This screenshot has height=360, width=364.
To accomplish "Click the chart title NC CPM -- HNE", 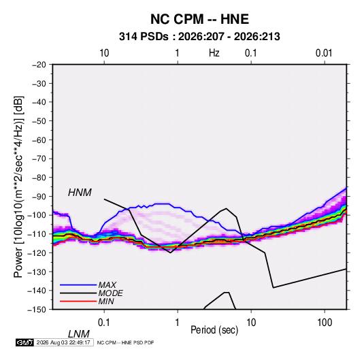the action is click(x=199, y=19).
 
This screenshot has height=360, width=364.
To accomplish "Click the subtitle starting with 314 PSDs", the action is click(x=199, y=37).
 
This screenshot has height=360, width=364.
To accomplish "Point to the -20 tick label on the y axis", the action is click(x=39, y=65).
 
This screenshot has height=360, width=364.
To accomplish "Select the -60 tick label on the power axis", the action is click(x=39, y=140).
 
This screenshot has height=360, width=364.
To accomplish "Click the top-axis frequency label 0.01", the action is click(x=324, y=53).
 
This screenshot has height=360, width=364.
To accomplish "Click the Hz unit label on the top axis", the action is click(x=214, y=53).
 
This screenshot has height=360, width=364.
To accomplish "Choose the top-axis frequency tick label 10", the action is click(x=104, y=53).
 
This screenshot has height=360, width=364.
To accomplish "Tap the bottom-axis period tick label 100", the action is click(x=325, y=323).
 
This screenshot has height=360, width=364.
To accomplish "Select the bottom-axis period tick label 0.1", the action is click(x=104, y=323).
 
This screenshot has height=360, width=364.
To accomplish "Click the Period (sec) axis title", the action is click(x=214, y=330).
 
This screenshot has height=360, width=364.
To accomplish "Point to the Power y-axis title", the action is click(x=18, y=186).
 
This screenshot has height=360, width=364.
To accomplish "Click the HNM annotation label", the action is click(x=80, y=193).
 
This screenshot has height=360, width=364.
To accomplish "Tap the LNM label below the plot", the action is click(x=79, y=334).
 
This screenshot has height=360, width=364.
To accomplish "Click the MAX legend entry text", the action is click(x=107, y=284).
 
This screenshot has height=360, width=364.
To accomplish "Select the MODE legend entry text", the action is click(x=110, y=293).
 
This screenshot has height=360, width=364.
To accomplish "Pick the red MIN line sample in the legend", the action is click(x=78, y=301).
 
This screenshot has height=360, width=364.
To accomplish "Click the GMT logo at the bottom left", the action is click(x=25, y=342).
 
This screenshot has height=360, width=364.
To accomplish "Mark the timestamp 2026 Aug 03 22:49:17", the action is click(x=63, y=342).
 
